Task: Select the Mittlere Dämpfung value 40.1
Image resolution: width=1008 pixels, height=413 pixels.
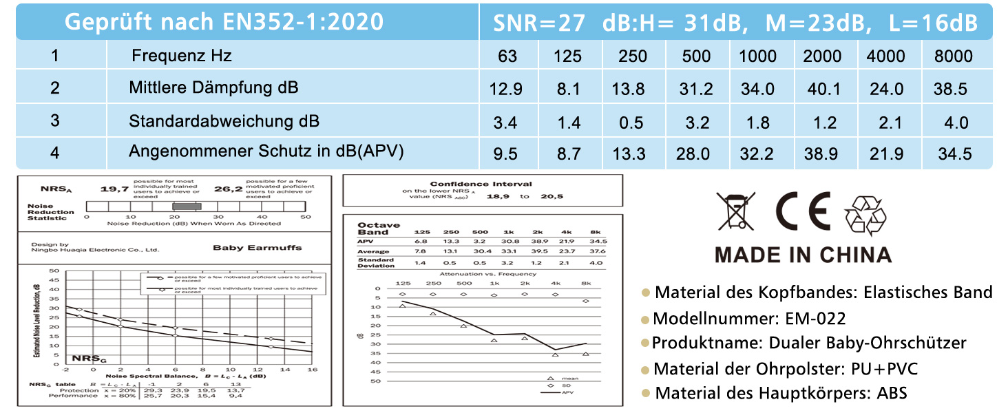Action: click(821, 89)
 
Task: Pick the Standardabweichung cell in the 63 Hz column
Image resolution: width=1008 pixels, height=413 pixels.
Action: click(506, 123)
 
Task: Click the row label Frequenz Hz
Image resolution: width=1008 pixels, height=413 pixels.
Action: click(182, 56)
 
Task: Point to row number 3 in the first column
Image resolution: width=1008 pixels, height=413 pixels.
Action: click(55, 121)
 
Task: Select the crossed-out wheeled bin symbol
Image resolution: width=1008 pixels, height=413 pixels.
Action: click(735, 211)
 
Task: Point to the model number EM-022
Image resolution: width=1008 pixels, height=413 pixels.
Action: click(815, 319)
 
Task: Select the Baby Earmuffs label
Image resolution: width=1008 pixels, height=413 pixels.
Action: click(257, 248)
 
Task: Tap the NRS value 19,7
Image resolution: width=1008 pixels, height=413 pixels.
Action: click(114, 189)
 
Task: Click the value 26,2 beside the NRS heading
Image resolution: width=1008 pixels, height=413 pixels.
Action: click(229, 189)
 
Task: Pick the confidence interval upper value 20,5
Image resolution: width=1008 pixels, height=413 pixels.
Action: click(551, 197)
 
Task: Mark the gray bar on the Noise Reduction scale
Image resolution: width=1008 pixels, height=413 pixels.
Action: click(187, 206)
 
